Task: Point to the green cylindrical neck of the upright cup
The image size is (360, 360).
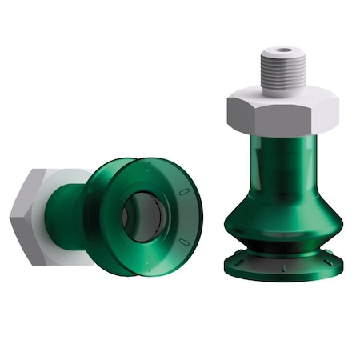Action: pos(280,164)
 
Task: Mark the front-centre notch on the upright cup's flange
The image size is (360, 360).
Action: pos(282,270)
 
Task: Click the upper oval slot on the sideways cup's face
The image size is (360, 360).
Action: pos(183,193)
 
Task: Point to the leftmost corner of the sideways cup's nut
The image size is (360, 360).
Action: pos(11,214)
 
